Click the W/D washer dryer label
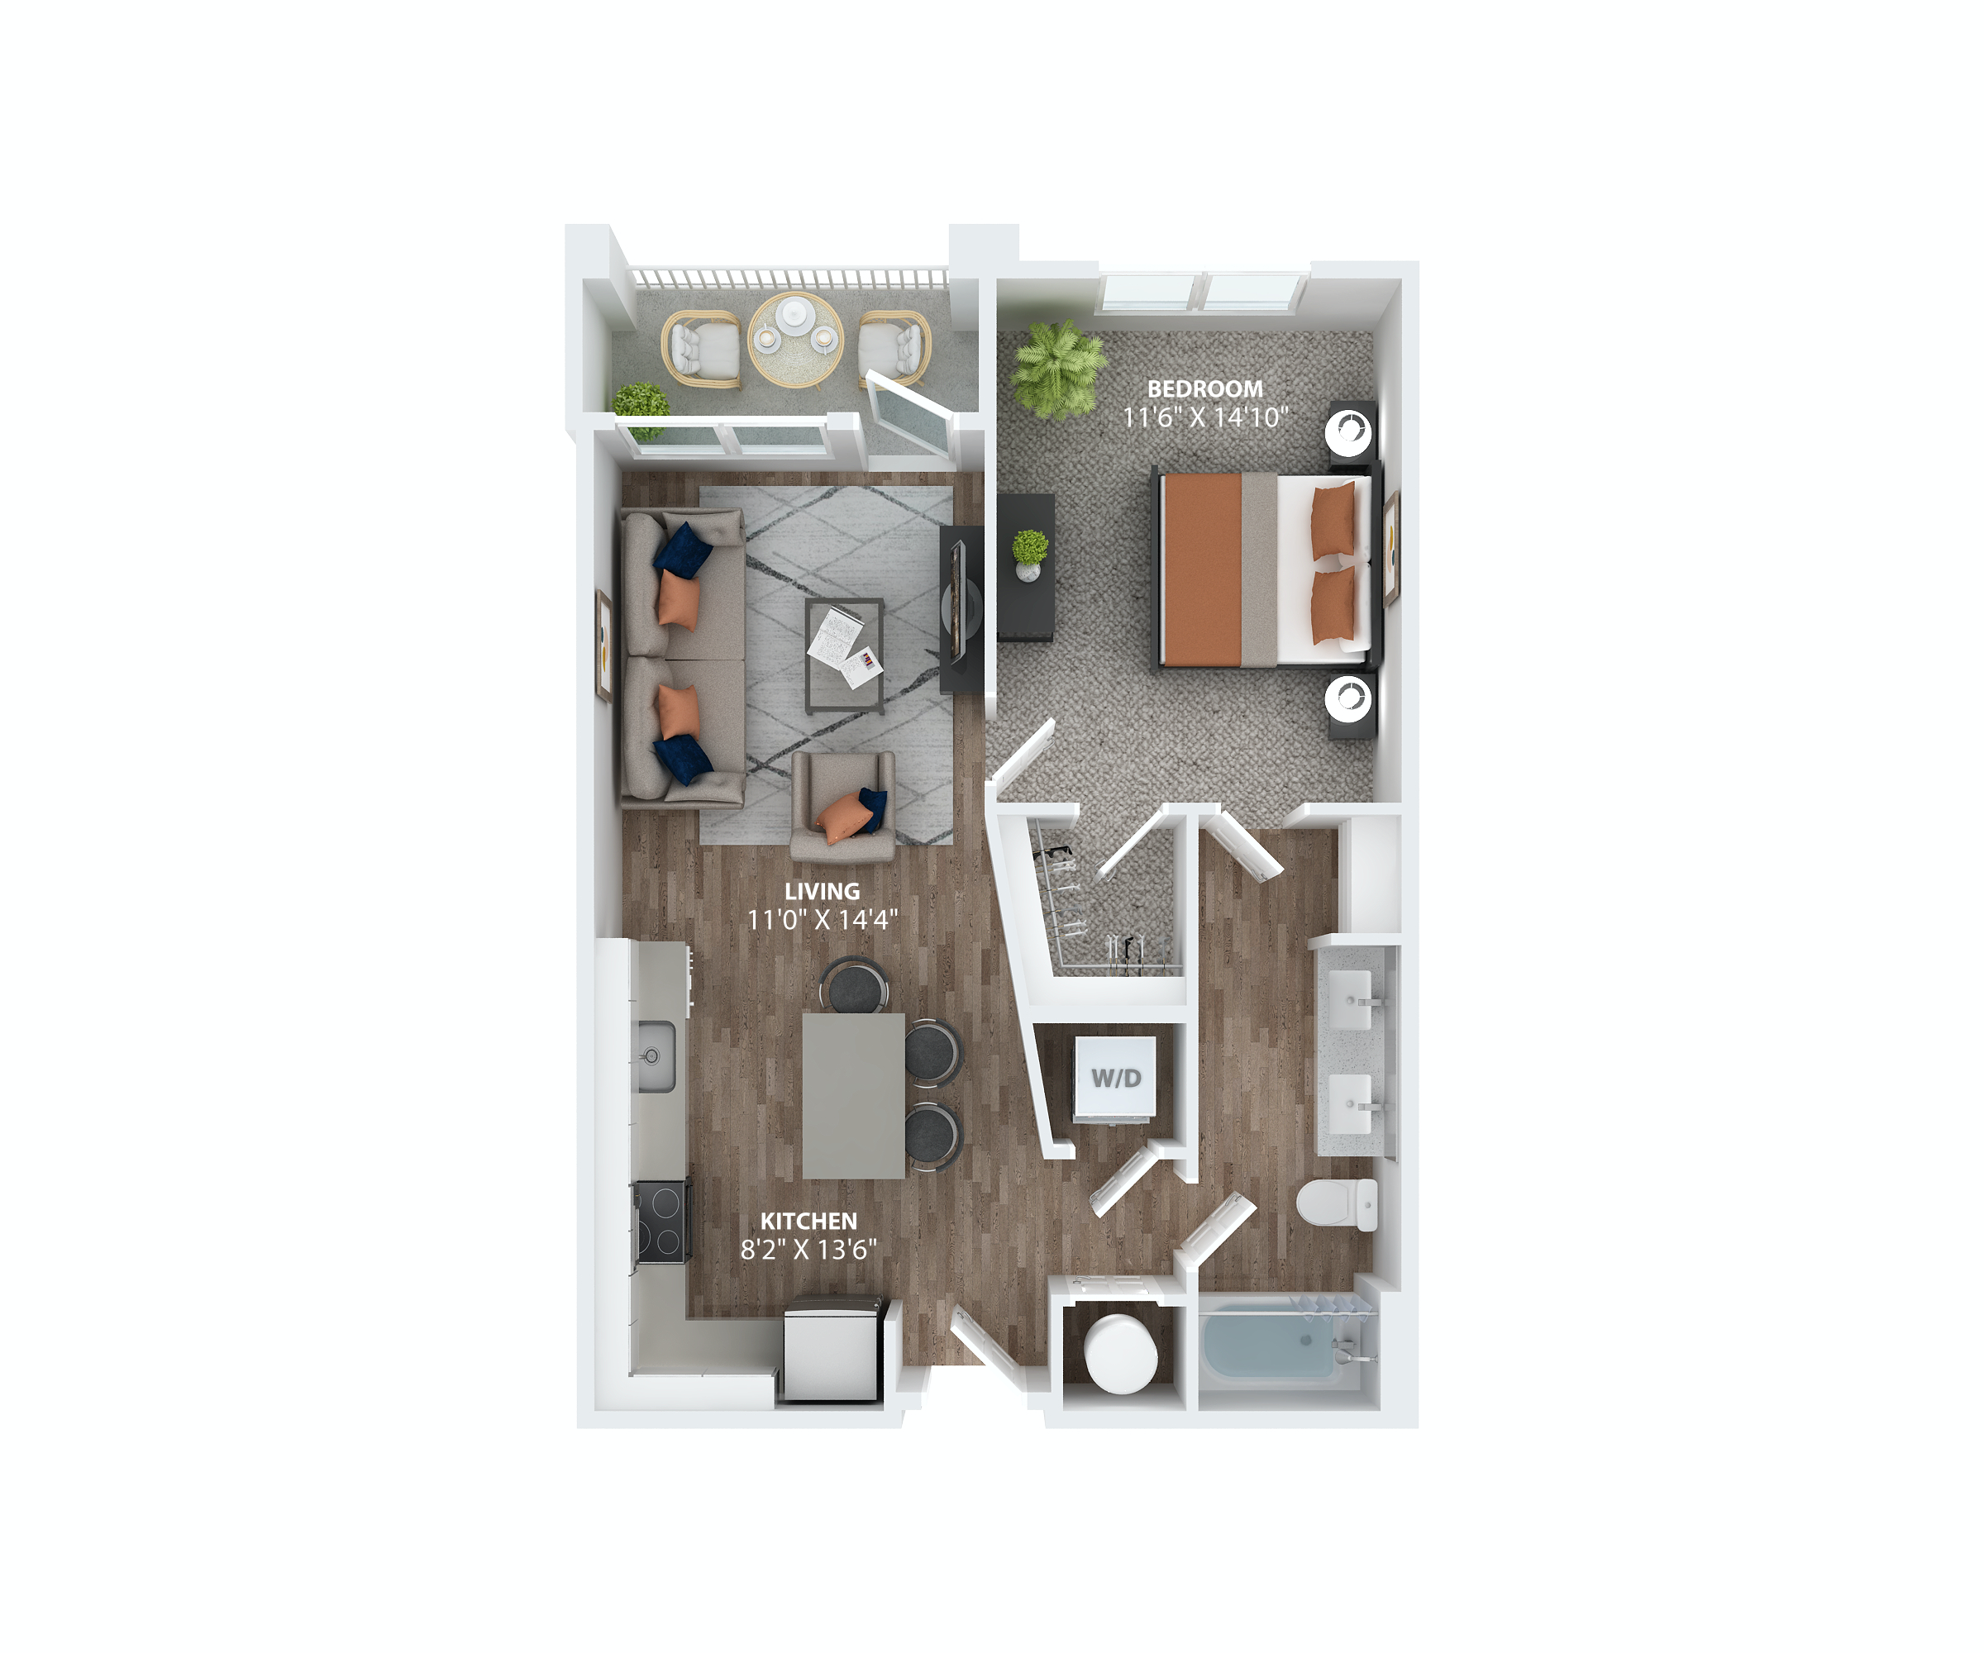point(1116,1078)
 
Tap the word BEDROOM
point(1204,388)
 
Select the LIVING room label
point(822,891)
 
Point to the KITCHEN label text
point(808,1222)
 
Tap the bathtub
point(1271,1342)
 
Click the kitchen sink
point(653,1056)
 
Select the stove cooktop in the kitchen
point(661,1221)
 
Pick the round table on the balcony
point(795,339)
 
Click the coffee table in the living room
point(845,655)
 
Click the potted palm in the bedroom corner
point(1057,368)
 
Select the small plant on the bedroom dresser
point(1029,554)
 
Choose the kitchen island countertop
point(853,1095)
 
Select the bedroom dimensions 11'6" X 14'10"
point(1204,417)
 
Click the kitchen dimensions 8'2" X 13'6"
point(808,1250)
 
